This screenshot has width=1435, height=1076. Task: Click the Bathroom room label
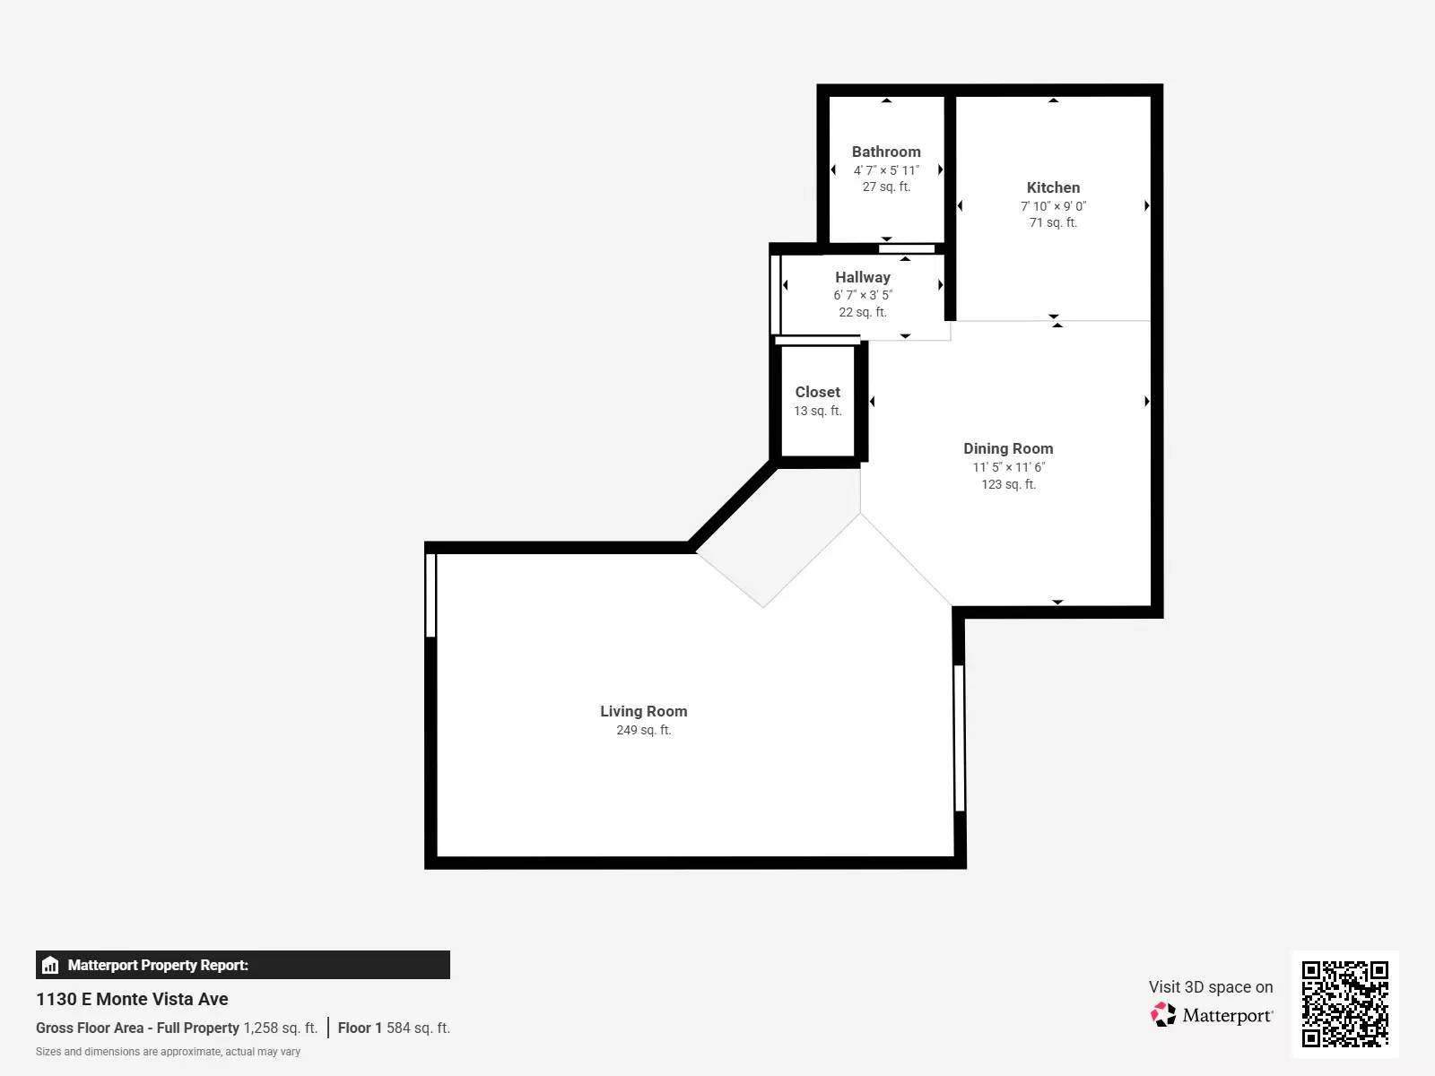pos(886,152)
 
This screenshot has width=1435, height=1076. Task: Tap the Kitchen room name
pos(1053,187)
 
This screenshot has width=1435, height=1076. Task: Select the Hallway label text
pos(862,277)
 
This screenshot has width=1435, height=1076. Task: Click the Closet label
pos(817,392)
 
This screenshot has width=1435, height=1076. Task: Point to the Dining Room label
pos(1008,448)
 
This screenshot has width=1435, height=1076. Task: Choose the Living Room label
pos(643,711)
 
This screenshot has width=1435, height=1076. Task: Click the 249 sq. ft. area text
pos(643,730)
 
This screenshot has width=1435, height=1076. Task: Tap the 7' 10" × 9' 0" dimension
pos(1053,205)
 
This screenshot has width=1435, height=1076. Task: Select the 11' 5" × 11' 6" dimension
pos(1008,467)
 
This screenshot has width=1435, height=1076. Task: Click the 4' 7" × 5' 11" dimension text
pos(886,170)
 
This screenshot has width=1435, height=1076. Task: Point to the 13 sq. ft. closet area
pos(817,411)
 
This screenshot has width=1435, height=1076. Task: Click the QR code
pos(1344,1003)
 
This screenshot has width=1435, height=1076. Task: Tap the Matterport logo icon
pos(1163,1014)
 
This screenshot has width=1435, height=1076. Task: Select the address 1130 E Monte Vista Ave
pos(132,999)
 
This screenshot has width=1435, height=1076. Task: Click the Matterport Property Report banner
pos(242,965)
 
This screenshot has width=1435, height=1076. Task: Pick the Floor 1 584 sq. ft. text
pos(394,1028)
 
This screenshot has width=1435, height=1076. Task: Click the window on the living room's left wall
pos(430,594)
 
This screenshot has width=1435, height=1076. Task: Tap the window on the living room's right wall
pos(959,737)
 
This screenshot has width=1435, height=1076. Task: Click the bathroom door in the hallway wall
pos(907,248)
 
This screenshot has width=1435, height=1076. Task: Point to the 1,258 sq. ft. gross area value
pos(280,1028)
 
